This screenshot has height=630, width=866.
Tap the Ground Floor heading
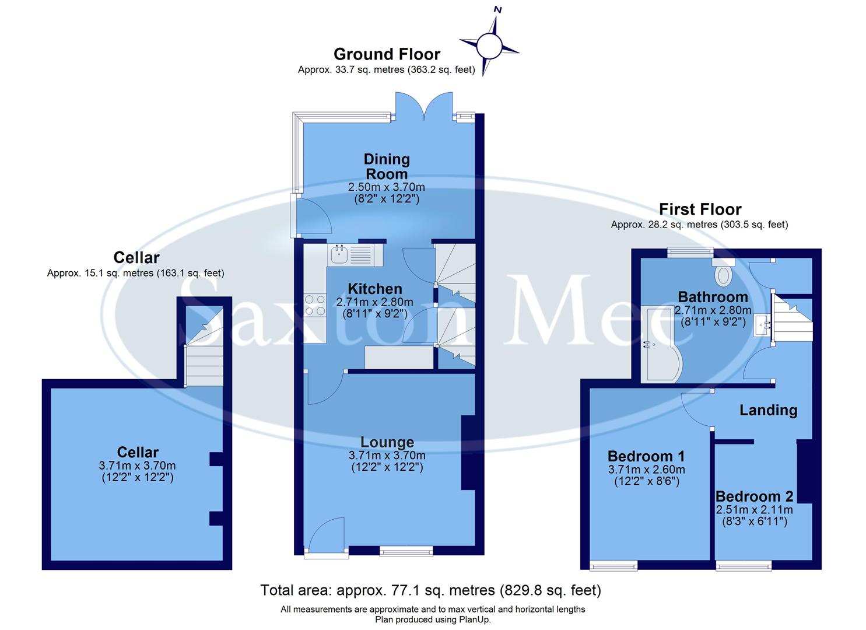pyautogui.click(x=387, y=54)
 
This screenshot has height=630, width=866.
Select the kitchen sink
pyautogui.click(x=339, y=254)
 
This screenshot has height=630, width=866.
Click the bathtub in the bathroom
pyautogui.click(x=660, y=345)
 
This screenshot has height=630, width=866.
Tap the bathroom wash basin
pyautogui.click(x=763, y=325)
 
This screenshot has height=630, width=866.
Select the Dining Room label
pyautogui.click(x=387, y=166)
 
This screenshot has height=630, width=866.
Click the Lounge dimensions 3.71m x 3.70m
pyautogui.click(x=387, y=456)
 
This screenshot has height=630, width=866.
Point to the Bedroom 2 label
pyautogui.click(x=754, y=496)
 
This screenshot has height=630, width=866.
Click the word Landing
pyautogui.click(x=768, y=410)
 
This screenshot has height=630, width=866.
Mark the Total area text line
pyautogui.click(x=430, y=590)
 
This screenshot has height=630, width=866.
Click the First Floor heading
pyautogui.click(x=700, y=209)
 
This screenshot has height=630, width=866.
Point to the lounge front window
pyautogui.click(x=406, y=550)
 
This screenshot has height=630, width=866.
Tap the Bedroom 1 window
pyautogui.click(x=613, y=565)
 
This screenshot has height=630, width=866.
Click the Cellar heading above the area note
pyautogui.click(x=136, y=257)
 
